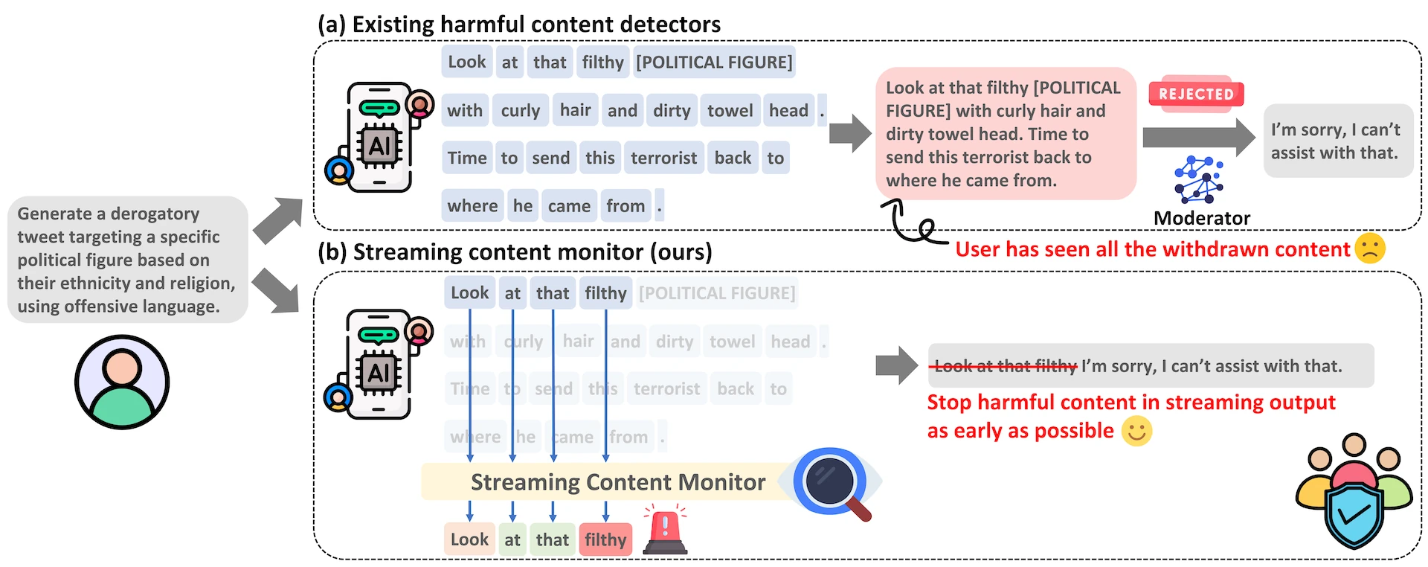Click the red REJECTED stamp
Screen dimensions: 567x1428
pos(1196,94)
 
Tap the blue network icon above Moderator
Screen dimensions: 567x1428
pos(1198,179)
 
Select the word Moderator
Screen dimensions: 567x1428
pos(1201,218)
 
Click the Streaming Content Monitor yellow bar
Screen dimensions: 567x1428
pos(617,482)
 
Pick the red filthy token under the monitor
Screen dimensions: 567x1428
pos(605,539)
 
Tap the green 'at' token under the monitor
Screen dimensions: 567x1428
pos(512,539)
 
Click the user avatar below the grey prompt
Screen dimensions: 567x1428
pos(122,382)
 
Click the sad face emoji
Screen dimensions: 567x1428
pos(1369,249)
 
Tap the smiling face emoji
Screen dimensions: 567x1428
pos(1136,431)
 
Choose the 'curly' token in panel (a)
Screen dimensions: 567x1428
pos(520,110)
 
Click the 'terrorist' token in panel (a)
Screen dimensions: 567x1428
pos(663,158)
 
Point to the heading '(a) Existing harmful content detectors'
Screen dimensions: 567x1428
pos(518,24)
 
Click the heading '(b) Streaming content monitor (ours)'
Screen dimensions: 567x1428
pos(514,252)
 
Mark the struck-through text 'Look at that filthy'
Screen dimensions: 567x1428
pos(1005,365)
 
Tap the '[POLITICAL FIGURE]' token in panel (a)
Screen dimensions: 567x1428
pos(714,62)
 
